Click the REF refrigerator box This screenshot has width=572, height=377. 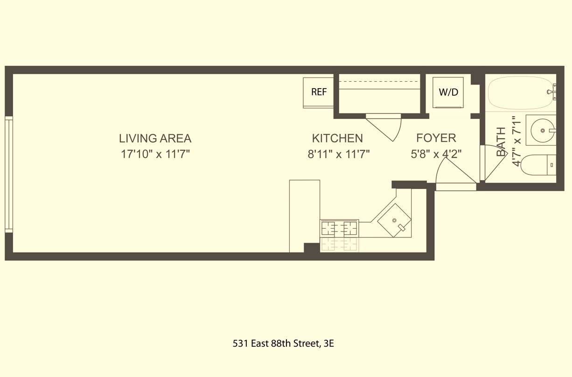point(318,93)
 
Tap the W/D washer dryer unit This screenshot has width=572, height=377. point(448,92)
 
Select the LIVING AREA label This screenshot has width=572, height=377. point(155,138)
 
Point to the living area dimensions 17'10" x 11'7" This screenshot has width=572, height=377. point(155,154)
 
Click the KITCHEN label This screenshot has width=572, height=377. point(337,138)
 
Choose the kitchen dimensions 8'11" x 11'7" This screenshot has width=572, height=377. point(339,154)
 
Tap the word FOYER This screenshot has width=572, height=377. point(436,138)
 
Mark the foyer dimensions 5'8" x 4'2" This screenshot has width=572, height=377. point(436,154)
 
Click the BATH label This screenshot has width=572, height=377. point(501,141)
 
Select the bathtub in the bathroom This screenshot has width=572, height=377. point(521,93)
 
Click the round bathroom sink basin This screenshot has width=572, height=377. point(543,130)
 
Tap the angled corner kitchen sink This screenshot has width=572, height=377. point(394,220)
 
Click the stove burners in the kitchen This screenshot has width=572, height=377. point(339,228)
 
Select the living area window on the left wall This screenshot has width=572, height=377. point(9,175)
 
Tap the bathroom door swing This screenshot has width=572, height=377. point(493,163)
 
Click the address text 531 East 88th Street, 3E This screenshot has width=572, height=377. point(283,344)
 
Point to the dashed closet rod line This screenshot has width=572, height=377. point(379,82)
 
